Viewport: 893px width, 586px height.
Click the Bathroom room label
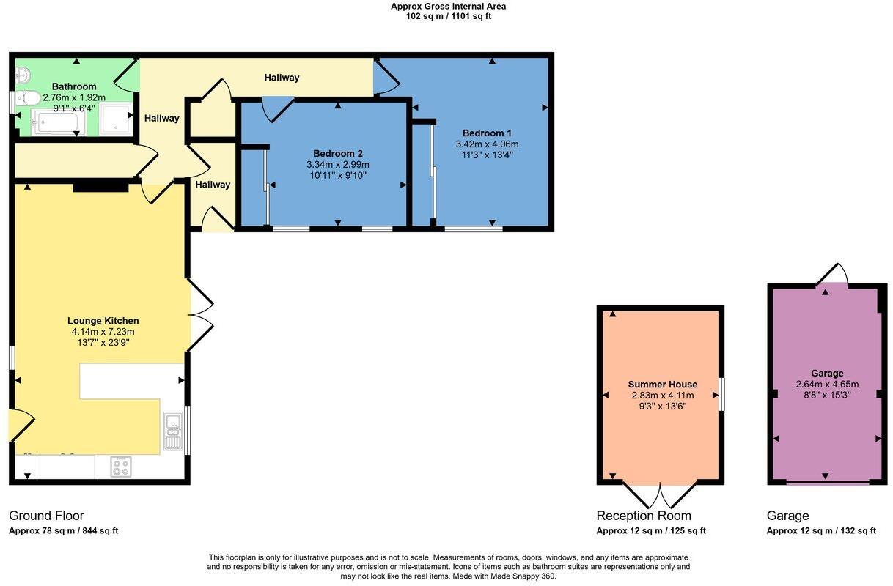tap(73, 86)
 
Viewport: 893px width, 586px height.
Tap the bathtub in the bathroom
tap(59, 122)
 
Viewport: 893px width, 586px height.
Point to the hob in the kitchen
tap(120, 467)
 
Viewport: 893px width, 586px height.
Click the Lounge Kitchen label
tap(103, 321)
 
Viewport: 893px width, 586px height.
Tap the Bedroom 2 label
tap(337, 153)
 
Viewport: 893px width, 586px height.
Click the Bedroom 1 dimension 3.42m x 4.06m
tap(487, 144)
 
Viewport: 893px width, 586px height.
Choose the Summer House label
tap(662, 385)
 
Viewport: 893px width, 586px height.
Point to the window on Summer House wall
tap(721, 394)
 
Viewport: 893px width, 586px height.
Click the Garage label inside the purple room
tap(827, 373)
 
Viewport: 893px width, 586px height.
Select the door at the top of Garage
tap(834, 275)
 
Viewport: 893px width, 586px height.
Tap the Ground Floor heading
tap(46, 516)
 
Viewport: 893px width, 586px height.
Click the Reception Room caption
tap(643, 516)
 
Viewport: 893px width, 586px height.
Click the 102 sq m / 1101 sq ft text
tap(448, 16)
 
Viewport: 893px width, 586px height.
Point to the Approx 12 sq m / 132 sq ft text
tap(821, 531)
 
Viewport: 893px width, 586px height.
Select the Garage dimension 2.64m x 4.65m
tap(827, 384)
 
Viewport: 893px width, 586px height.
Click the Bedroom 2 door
tap(279, 109)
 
